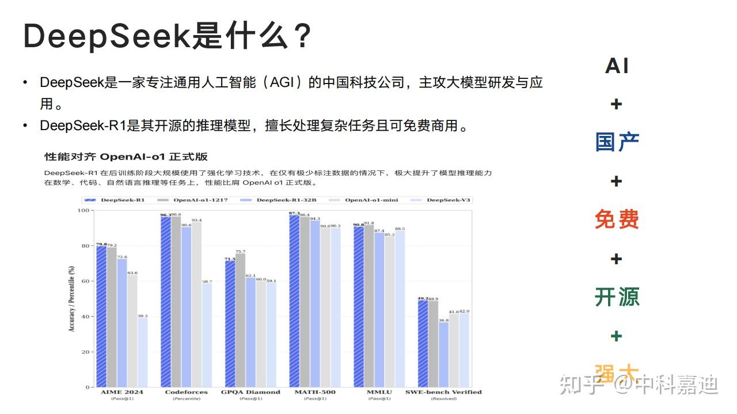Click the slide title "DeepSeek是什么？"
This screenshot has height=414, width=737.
click(167, 36)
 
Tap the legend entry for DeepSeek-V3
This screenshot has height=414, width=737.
click(448, 200)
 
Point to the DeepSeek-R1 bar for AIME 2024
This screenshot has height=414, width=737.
click(101, 317)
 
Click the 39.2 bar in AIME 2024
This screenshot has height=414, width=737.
click(142, 352)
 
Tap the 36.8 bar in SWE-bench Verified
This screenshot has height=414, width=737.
click(443, 354)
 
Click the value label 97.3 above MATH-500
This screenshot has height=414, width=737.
click(294, 214)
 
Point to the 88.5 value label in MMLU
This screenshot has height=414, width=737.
click(400, 229)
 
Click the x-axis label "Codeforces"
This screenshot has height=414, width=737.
click(186, 392)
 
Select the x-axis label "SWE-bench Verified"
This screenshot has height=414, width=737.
click(443, 392)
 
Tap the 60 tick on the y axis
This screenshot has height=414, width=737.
click(87, 281)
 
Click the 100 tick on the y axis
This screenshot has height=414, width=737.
click(85, 210)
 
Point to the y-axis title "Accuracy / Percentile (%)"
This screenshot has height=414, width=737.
click(72, 298)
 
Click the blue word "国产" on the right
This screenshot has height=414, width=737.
click(617, 142)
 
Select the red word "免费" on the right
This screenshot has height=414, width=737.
click(617, 219)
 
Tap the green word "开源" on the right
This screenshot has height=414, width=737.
click(617, 297)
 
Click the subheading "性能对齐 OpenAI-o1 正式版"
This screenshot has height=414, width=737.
click(126, 157)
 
